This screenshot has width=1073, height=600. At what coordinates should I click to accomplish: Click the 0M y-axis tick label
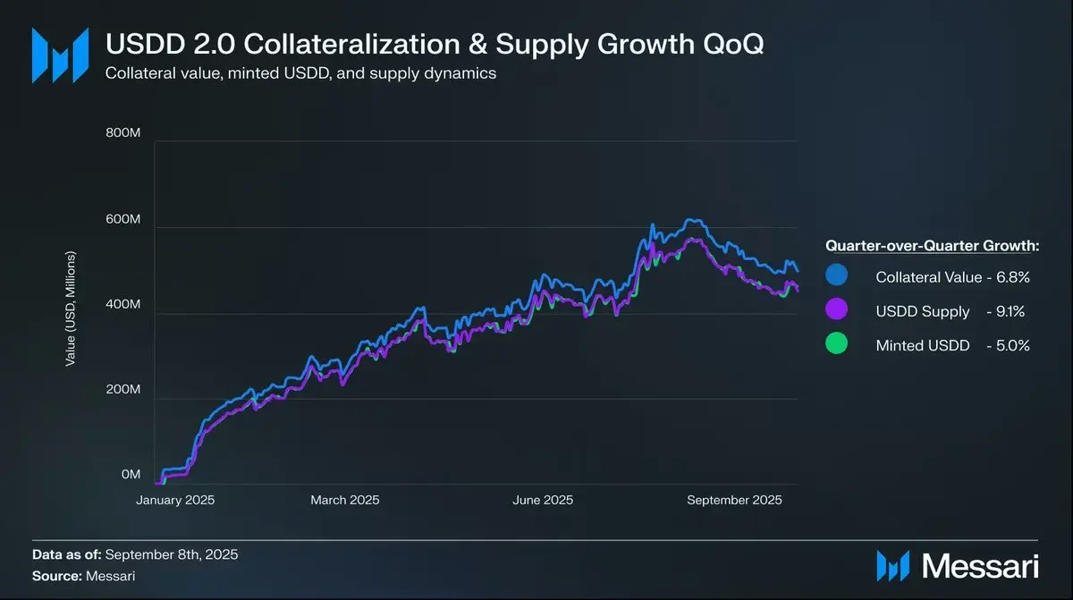131,475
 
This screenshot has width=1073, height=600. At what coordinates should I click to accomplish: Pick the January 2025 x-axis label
176,500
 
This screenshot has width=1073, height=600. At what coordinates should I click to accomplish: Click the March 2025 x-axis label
345,500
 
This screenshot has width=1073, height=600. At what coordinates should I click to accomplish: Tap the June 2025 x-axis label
543,500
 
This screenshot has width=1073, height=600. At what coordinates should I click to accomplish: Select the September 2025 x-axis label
734,500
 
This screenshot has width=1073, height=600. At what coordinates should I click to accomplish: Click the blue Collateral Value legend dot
837,277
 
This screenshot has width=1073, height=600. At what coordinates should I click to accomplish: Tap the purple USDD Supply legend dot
837,311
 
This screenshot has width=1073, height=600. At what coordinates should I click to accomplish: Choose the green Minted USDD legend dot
837,345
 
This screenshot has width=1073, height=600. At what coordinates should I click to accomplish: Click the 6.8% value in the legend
1014,278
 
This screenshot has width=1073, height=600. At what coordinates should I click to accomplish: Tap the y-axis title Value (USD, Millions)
71,309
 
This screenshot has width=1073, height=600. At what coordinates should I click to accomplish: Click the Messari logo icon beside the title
60,55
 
